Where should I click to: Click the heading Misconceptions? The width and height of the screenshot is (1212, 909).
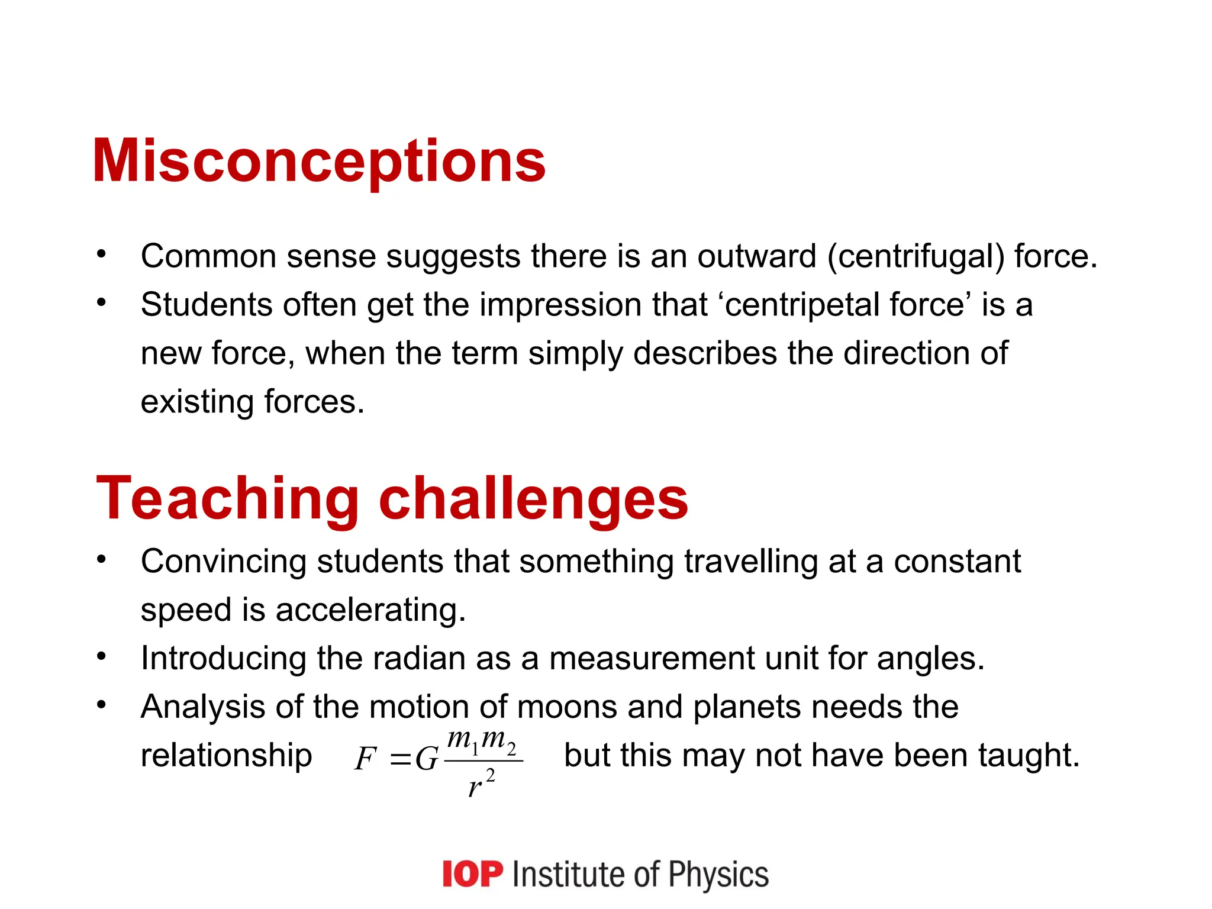(319, 162)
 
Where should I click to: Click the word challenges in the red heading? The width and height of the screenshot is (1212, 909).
(533, 498)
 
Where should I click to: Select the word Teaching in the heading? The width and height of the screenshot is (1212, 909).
(228, 498)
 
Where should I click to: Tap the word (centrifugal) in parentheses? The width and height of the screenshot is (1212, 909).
(916, 257)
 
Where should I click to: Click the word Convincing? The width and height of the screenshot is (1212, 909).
(223, 561)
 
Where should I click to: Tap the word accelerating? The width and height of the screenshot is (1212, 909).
(370, 610)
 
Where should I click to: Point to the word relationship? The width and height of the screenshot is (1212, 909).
(226, 756)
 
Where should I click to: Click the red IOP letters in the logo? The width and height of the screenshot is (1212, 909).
(472, 875)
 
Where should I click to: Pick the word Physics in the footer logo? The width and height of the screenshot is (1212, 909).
(718, 875)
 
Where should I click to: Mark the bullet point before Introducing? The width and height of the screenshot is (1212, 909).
(102, 656)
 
